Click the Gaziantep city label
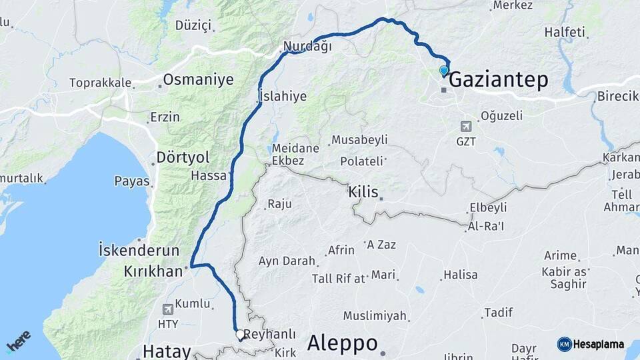499,80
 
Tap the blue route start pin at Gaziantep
444,71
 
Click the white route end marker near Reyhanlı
239,333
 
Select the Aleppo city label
342,343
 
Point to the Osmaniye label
199,80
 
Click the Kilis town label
363,192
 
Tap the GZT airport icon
465,126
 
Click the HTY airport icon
167,309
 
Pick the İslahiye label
282,97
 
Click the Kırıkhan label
153,271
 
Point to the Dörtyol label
183,157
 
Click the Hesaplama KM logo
591,344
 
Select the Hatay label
167,351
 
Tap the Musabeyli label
359,139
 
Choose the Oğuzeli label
501,115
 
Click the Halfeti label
564,32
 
